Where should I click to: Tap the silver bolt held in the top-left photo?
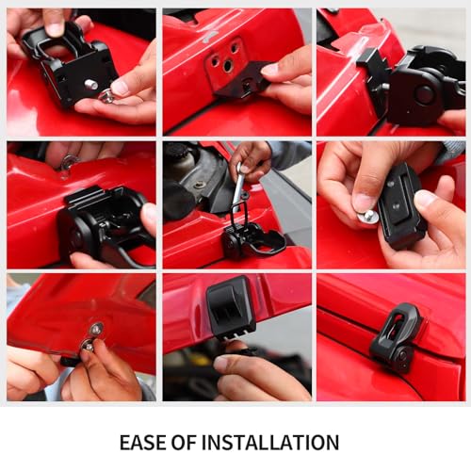point(107,95)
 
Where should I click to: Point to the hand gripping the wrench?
point(250,160)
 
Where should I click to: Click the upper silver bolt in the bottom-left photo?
point(95,329)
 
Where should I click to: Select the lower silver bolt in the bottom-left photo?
point(87,345)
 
